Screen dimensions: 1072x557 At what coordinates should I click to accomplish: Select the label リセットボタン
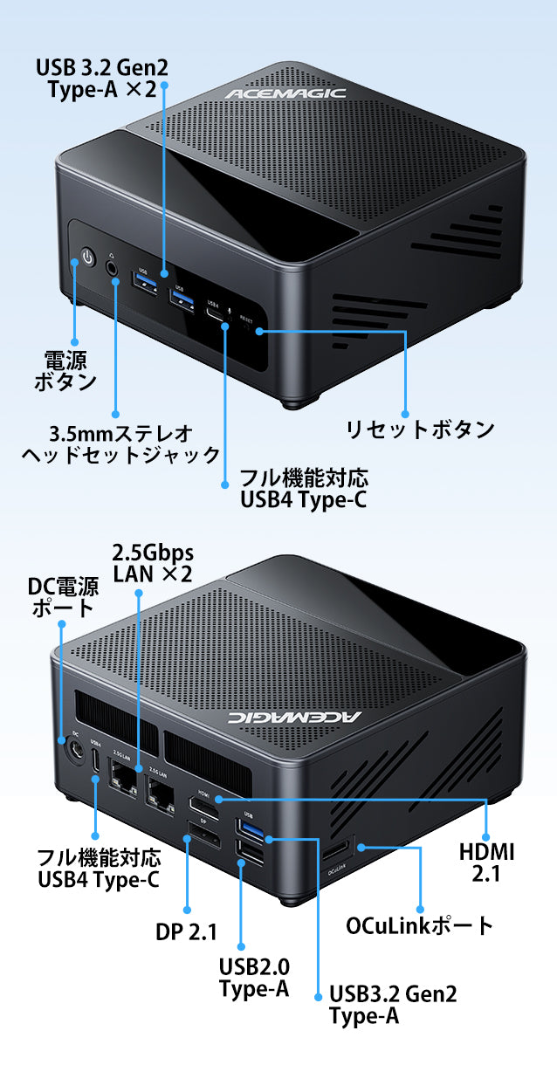[420, 429]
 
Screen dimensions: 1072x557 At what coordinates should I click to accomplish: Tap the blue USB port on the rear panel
[251, 828]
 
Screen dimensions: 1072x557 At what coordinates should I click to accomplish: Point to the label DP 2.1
[186, 931]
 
